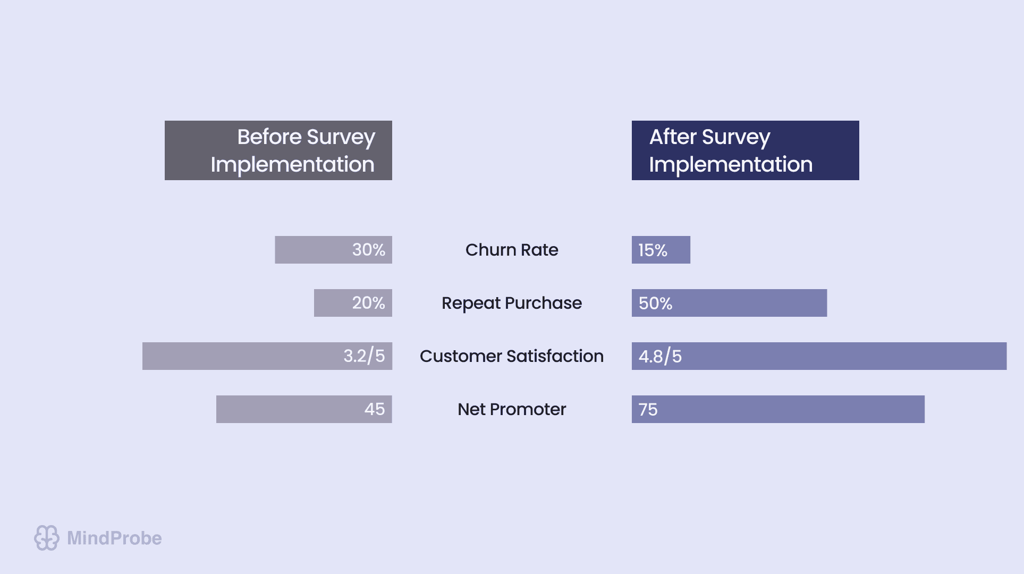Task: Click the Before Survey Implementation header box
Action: [x=278, y=150]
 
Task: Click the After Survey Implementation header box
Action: [x=745, y=150]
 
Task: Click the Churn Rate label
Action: [x=512, y=250]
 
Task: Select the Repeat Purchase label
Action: [x=512, y=303]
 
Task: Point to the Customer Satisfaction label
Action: [x=512, y=356]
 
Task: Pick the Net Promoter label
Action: [x=512, y=409]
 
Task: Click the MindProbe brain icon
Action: [x=47, y=538]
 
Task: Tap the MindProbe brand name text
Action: [x=114, y=538]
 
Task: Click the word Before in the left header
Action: [x=269, y=137]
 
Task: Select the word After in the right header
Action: [x=672, y=137]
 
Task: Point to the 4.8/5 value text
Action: [x=660, y=356]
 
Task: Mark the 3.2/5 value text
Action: [x=364, y=356]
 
